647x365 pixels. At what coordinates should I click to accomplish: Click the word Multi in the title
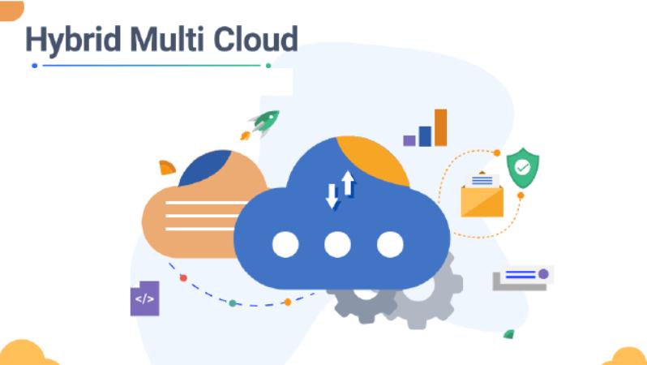(167, 38)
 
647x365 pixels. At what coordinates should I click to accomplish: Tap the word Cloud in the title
(256, 38)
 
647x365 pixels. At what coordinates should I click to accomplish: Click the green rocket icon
(265, 122)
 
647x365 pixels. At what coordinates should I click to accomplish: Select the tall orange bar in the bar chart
(441, 127)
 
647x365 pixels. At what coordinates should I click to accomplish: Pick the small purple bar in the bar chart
(409, 141)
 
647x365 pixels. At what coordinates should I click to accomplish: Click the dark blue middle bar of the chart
(425, 136)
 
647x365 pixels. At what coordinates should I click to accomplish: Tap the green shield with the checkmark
(523, 168)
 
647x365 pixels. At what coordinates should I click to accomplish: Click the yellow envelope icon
(482, 197)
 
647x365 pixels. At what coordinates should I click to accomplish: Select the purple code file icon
(145, 298)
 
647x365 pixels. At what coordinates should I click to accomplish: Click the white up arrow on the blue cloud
(348, 183)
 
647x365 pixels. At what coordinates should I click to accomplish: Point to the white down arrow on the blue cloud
(332, 195)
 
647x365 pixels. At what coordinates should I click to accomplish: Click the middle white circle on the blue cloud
(337, 244)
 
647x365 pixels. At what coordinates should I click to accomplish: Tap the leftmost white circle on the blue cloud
(285, 244)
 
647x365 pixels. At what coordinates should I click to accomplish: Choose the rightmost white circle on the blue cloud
(390, 244)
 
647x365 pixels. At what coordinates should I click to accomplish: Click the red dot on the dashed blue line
(183, 278)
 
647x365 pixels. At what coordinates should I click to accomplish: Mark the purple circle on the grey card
(543, 274)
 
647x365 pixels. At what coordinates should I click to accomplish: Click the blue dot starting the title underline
(35, 65)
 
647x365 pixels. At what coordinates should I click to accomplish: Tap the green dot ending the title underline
(268, 65)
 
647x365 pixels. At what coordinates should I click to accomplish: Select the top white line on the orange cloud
(206, 203)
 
